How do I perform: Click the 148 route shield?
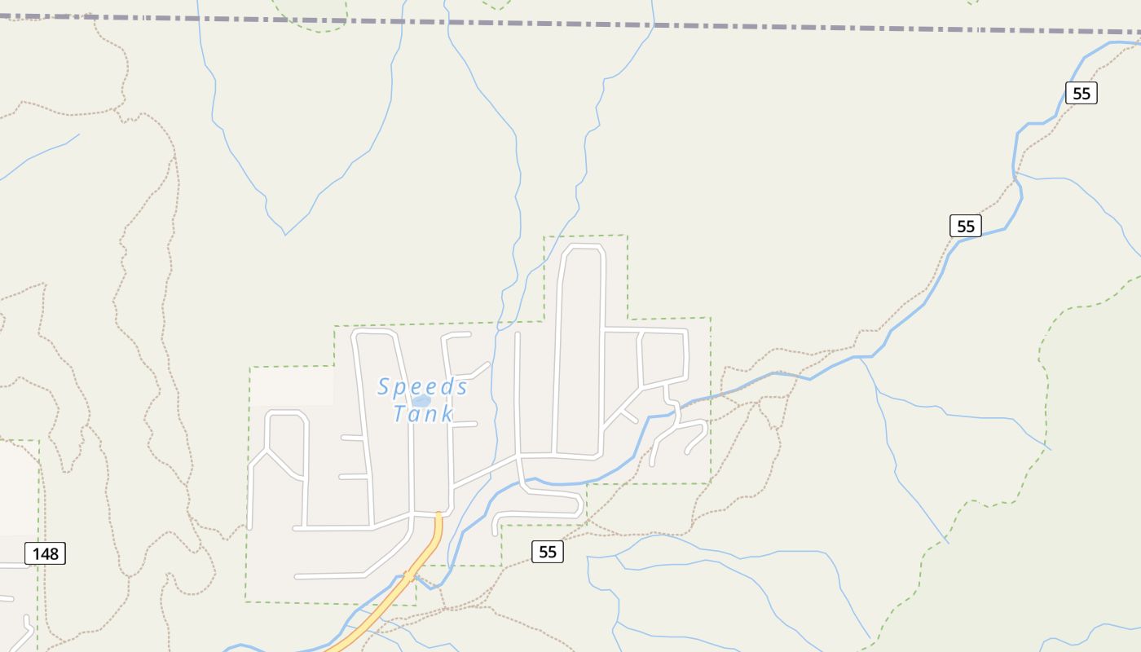pos(45,554)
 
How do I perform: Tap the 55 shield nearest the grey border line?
pos(1081,93)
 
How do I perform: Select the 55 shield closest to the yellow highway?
pos(548,552)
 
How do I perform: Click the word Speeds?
pos(422,386)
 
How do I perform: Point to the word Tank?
pos(422,414)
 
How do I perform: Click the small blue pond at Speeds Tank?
pos(421,401)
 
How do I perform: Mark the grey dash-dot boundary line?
pos(570,24)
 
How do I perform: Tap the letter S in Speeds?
pos(384,386)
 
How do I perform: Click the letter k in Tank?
pos(445,414)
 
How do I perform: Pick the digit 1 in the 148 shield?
pos(36,554)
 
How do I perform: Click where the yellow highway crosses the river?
pos(408,576)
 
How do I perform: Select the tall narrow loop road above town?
pos(580,342)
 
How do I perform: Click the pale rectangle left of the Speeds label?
pos(292,385)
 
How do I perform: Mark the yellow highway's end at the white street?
pos(438,515)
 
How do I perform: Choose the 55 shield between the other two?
pos(965,226)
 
